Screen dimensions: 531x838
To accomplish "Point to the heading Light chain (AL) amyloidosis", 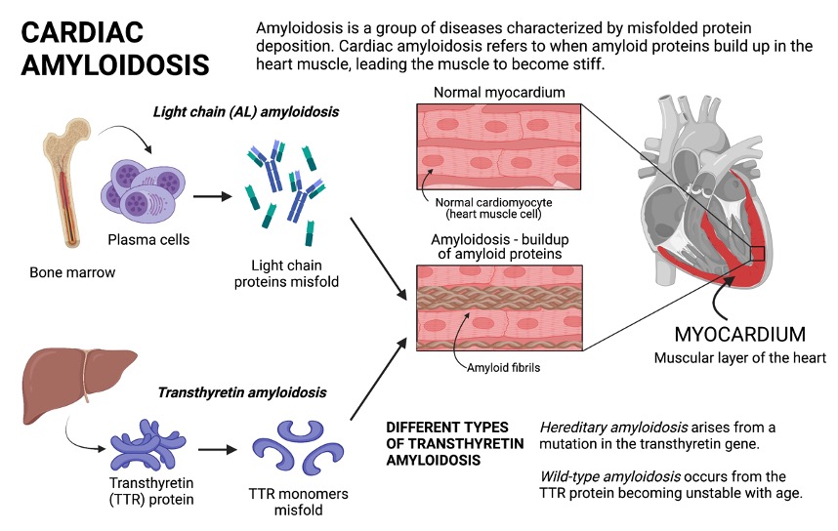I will tap(246, 112).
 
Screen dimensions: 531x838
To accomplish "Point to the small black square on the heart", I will tap(758, 255).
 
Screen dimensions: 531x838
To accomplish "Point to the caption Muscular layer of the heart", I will tap(740, 357).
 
